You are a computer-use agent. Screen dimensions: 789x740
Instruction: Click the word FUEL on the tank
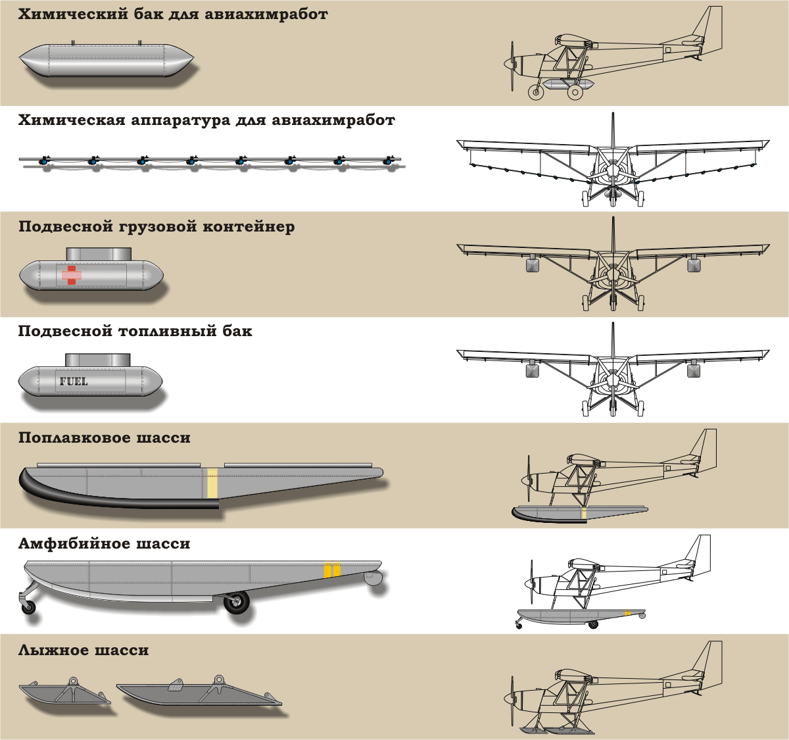tap(74, 382)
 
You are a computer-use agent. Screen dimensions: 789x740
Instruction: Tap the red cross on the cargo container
tap(72, 275)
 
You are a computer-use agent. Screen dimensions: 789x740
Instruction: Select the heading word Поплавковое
tap(74, 437)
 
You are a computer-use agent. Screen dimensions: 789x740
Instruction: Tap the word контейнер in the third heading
tap(249, 227)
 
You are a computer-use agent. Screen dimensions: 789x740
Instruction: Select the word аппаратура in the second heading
tap(180, 120)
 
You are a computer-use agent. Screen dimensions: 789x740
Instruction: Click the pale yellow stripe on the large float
tap(212, 483)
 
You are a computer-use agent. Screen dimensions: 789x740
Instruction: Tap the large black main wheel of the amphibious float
tap(237, 603)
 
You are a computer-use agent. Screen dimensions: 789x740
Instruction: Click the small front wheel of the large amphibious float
tap(29, 608)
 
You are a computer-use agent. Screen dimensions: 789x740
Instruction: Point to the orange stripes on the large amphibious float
tap(332, 570)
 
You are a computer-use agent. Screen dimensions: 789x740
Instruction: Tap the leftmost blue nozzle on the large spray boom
tap(43, 160)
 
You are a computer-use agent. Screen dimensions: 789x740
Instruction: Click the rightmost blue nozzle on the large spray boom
tap(388, 160)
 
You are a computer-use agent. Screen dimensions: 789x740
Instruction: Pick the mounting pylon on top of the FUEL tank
tap(98, 360)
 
